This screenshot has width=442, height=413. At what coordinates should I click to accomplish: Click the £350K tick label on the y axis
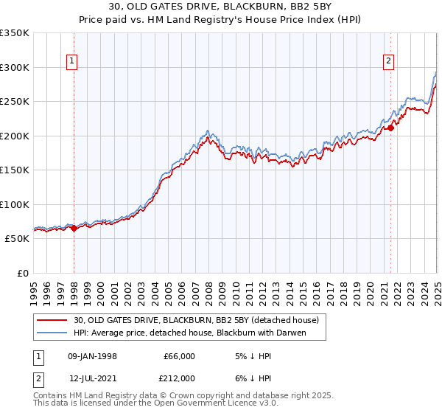pyautogui.click(x=15, y=33)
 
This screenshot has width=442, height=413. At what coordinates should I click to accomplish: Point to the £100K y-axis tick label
pyautogui.click(x=15, y=204)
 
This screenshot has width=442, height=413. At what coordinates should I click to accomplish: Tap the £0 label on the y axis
pyautogui.click(x=22, y=273)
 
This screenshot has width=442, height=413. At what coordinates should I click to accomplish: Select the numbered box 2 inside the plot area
pyautogui.click(x=388, y=62)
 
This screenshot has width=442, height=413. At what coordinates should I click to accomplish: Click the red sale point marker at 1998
pyautogui.click(x=74, y=228)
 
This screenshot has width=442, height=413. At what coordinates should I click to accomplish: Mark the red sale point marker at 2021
pyautogui.click(x=391, y=128)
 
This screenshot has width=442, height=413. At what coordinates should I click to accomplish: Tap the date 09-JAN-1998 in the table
pyautogui.click(x=92, y=356)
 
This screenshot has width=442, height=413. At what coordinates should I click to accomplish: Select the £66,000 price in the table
pyautogui.click(x=178, y=356)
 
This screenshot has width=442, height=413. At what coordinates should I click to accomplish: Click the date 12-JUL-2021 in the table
pyautogui.click(x=93, y=378)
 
